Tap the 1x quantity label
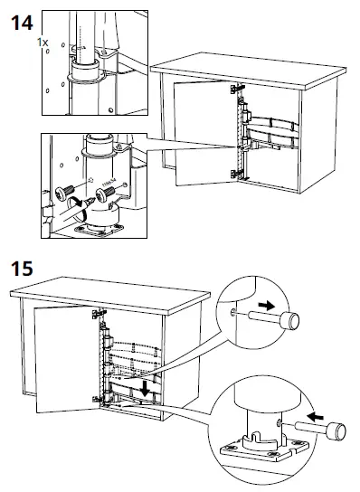[43, 43]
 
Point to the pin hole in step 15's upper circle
[238, 312]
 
